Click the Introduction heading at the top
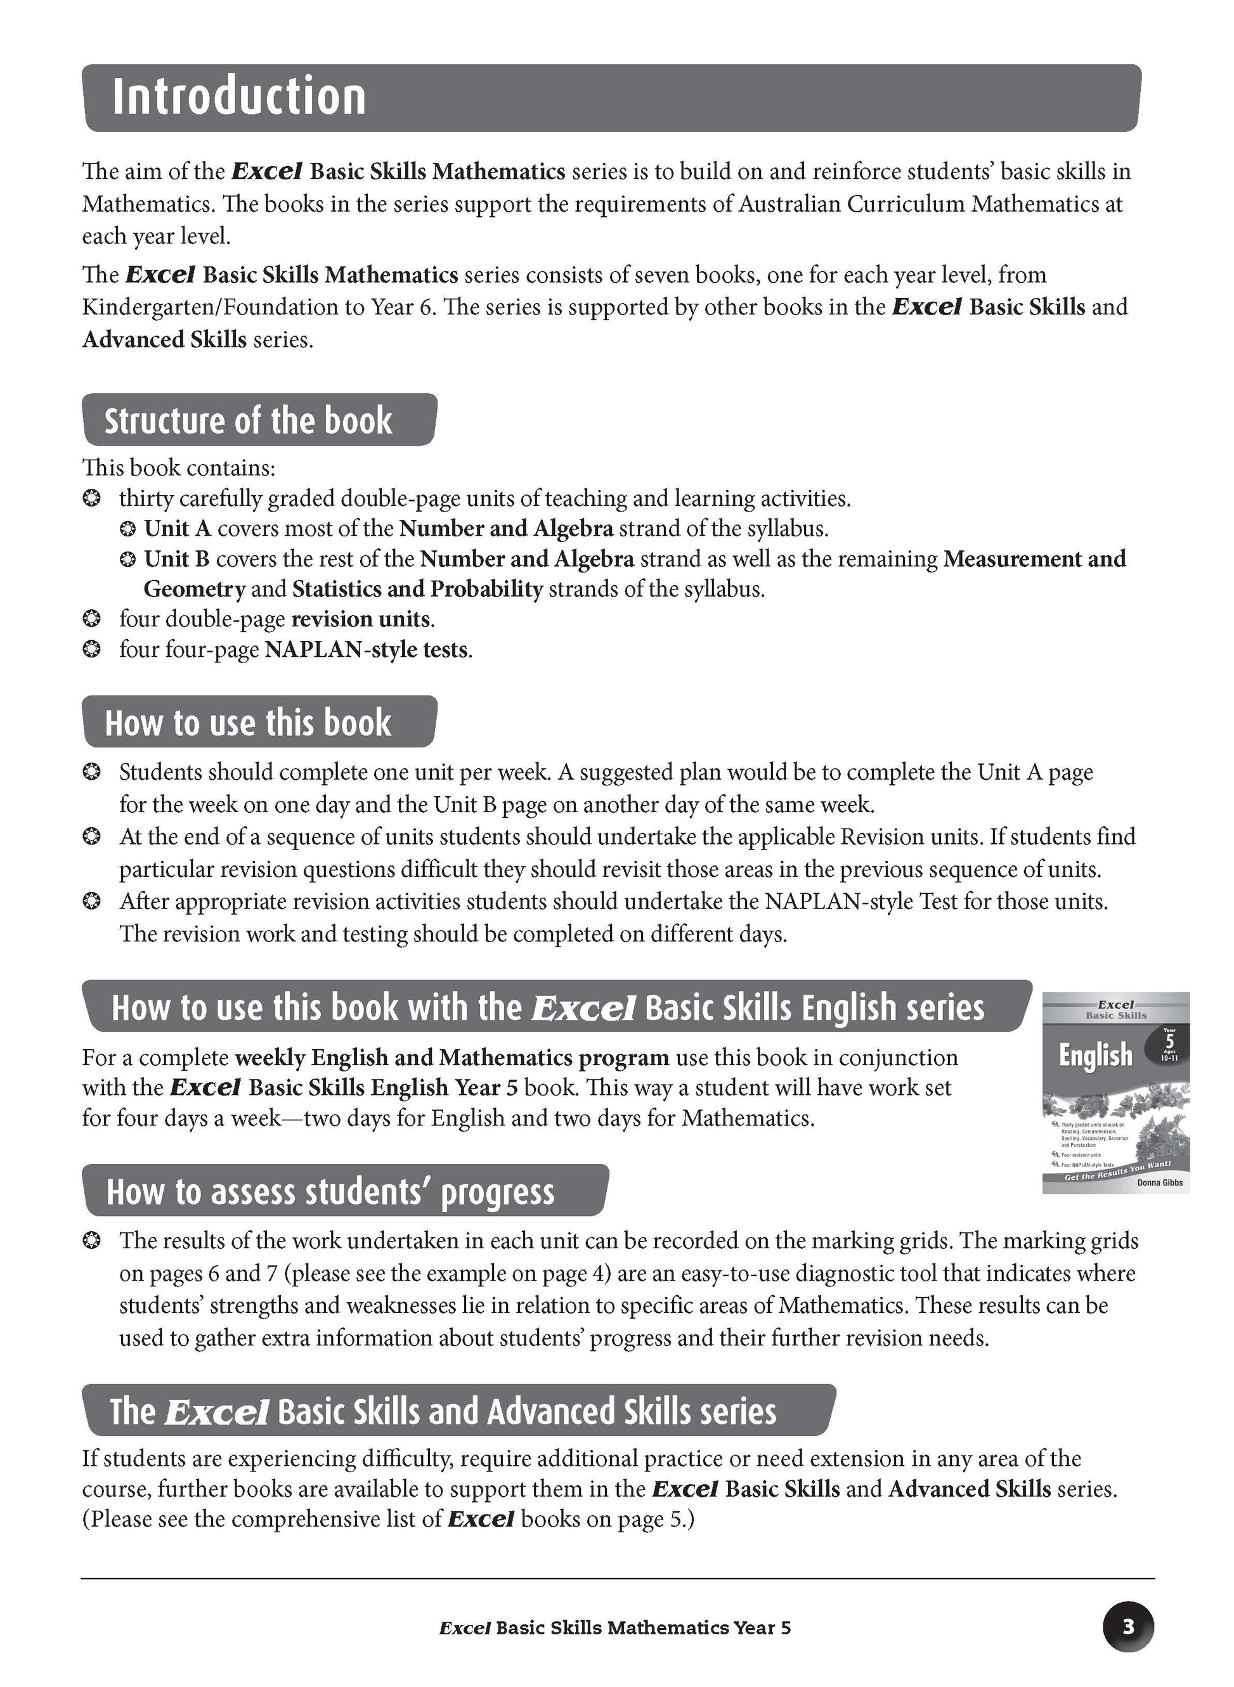[239, 97]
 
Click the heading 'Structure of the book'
[248, 421]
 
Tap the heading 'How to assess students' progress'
[330, 1191]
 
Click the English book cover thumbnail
[1115, 1092]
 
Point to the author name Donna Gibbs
[1159, 1183]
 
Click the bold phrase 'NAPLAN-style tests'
[367, 650]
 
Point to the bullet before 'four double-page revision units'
[91, 620]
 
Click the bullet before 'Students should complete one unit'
[91, 772]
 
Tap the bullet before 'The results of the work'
[91, 1241]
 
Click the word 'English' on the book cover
[1095, 1056]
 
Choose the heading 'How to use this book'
[248, 723]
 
